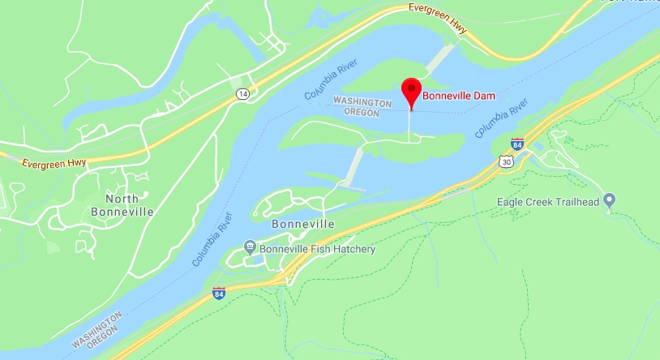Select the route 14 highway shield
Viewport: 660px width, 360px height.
[242, 94]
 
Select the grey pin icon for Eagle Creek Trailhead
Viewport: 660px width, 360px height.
[610, 199]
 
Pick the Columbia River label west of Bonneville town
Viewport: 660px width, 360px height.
[212, 240]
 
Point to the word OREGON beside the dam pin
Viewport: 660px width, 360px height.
[363, 113]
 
